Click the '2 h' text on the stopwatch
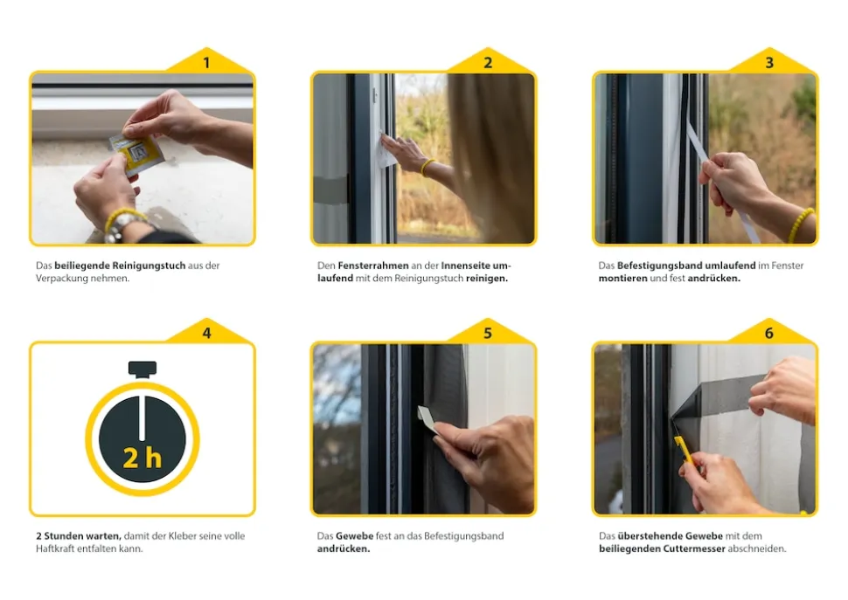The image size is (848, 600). tap(142, 458)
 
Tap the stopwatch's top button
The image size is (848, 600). tap(142, 369)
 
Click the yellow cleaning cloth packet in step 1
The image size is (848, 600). tap(136, 155)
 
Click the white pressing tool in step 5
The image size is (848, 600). tap(427, 418)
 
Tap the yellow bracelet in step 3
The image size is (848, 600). tap(800, 225)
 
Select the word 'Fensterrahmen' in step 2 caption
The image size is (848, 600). tap(373, 266)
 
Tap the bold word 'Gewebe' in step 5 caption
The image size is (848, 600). tap(355, 536)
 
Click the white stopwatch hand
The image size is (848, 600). tap(142, 418)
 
